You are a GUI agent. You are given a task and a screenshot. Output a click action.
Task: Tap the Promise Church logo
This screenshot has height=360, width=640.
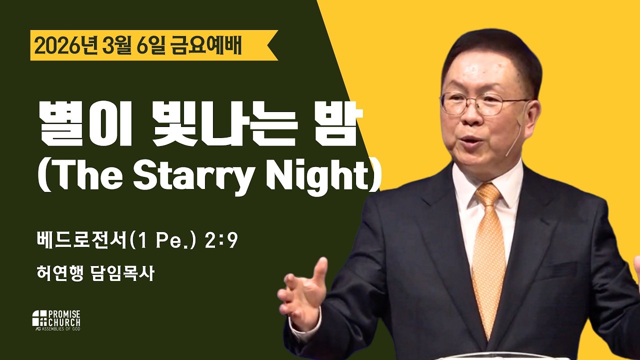point(56,320)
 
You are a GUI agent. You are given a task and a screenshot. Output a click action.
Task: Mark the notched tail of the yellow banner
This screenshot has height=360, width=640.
point(272,45)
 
